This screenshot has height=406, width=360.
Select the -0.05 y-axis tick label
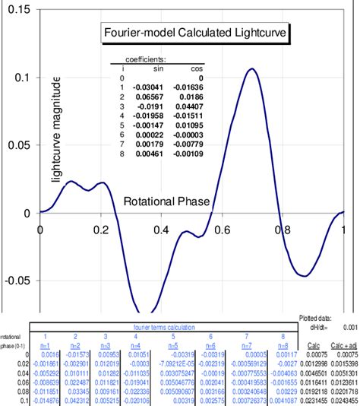coord(18,280)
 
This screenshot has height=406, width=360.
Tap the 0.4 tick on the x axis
coord(162,228)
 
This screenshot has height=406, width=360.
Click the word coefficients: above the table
coord(147,59)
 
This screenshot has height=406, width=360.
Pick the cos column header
coord(197,68)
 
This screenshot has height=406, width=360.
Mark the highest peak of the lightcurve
coord(252,69)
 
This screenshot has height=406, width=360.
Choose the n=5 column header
coord(172,345)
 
